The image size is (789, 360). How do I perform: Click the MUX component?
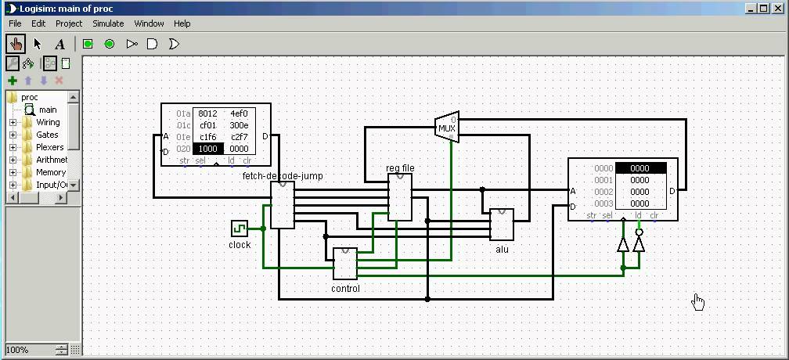pyautogui.click(x=446, y=128)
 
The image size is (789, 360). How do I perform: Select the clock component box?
pyautogui.click(x=240, y=228)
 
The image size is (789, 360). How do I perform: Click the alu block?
pyautogui.click(x=502, y=225)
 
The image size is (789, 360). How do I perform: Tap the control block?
pyautogui.click(x=345, y=264)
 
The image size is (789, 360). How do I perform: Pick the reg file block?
pyautogui.click(x=400, y=197)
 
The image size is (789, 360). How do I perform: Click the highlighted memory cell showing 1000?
pyautogui.click(x=208, y=149)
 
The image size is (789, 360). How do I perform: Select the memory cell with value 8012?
pyautogui.click(x=208, y=113)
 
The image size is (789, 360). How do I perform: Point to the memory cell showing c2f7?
pyautogui.click(x=240, y=137)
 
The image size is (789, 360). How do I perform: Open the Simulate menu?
pyautogui.click(x=108, y=23)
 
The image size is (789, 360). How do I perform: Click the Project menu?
pyautogui.click(x=69, y=23)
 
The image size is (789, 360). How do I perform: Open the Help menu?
pyautogui.click(x=182, y=23)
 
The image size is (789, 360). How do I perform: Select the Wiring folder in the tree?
pyautogui.click(x=48, y=123)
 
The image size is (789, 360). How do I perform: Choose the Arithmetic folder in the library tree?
pyautogui.click(x=51, y=160)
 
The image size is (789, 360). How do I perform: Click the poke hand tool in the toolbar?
pyautogui.click(x=15, y=44)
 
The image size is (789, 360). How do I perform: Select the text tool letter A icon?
pyautogui.click(x=59, y=44)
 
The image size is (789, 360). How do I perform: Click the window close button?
pyautogui.click(x=778, y=8)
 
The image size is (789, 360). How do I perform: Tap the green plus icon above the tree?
pyautogui.click(x=13, y=81)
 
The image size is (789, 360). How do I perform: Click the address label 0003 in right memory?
pyautogui.click(x=603, y=203)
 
